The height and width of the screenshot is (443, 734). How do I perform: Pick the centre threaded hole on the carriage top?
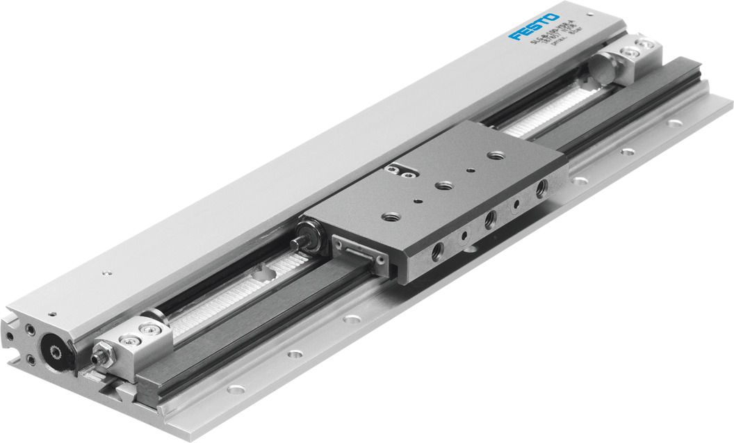pyautogui.click(x=442, y=185)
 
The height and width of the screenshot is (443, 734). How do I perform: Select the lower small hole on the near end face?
pyautogui.click(x=31, y=360)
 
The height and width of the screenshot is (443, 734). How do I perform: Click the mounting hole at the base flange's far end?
pyautogui.click(x=674, y=123)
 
